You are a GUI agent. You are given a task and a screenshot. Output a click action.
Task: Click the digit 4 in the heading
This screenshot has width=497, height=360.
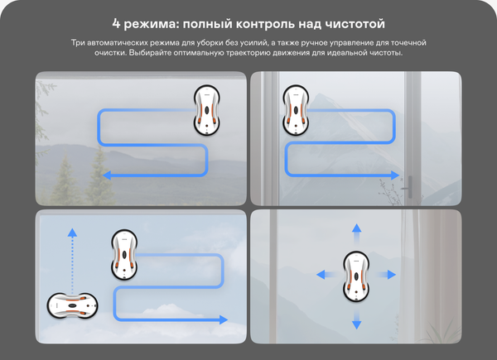(116, 24)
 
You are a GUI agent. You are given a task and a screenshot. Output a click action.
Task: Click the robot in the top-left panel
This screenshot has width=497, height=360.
(207, 110)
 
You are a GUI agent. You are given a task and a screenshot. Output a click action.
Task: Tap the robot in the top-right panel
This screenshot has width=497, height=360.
(296, 110)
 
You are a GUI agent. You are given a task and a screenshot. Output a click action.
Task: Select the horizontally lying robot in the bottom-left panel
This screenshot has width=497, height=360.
(73, 305)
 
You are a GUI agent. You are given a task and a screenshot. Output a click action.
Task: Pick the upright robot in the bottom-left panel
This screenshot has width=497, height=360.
(124, 255)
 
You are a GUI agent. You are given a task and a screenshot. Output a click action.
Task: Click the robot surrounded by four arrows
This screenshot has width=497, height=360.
(356, 276)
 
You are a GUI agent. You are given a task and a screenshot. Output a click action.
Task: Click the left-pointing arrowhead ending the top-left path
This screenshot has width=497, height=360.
(107, 175)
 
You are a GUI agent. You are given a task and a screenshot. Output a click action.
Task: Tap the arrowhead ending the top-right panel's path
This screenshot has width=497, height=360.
(395, 175)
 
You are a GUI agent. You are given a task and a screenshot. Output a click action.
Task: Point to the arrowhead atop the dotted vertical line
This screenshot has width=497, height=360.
(72, 233)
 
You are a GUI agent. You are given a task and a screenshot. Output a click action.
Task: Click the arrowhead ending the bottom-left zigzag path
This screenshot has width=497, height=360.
(224, 319)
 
